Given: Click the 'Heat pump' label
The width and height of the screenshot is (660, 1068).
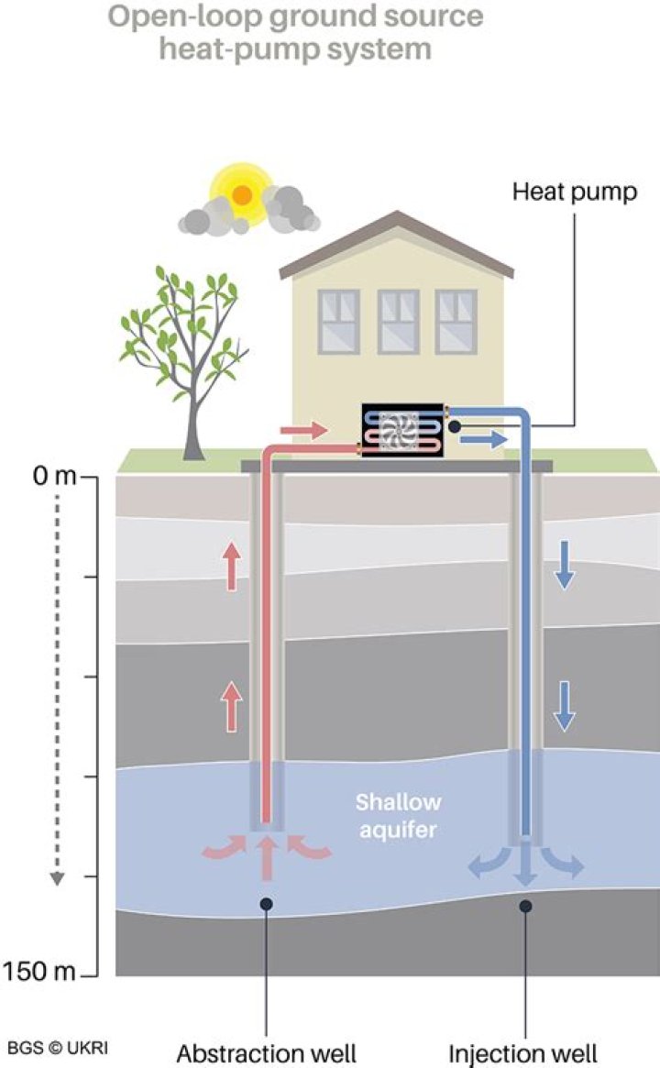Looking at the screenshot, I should click(574, 193).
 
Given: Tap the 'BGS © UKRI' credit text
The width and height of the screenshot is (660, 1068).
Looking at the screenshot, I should click(57, 1046).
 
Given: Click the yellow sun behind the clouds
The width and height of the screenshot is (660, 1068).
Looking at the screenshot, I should click(241, 193).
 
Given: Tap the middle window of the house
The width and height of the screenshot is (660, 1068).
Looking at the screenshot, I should click(398, 321).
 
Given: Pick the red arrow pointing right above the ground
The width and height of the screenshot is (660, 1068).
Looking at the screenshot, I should click(303, 429).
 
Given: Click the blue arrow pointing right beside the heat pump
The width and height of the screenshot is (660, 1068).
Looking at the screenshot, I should click(482, 441).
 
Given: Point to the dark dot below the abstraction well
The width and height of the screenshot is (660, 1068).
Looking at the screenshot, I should click(266, 904).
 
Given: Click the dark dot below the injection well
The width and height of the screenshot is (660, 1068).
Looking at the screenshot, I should click(525, 906).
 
